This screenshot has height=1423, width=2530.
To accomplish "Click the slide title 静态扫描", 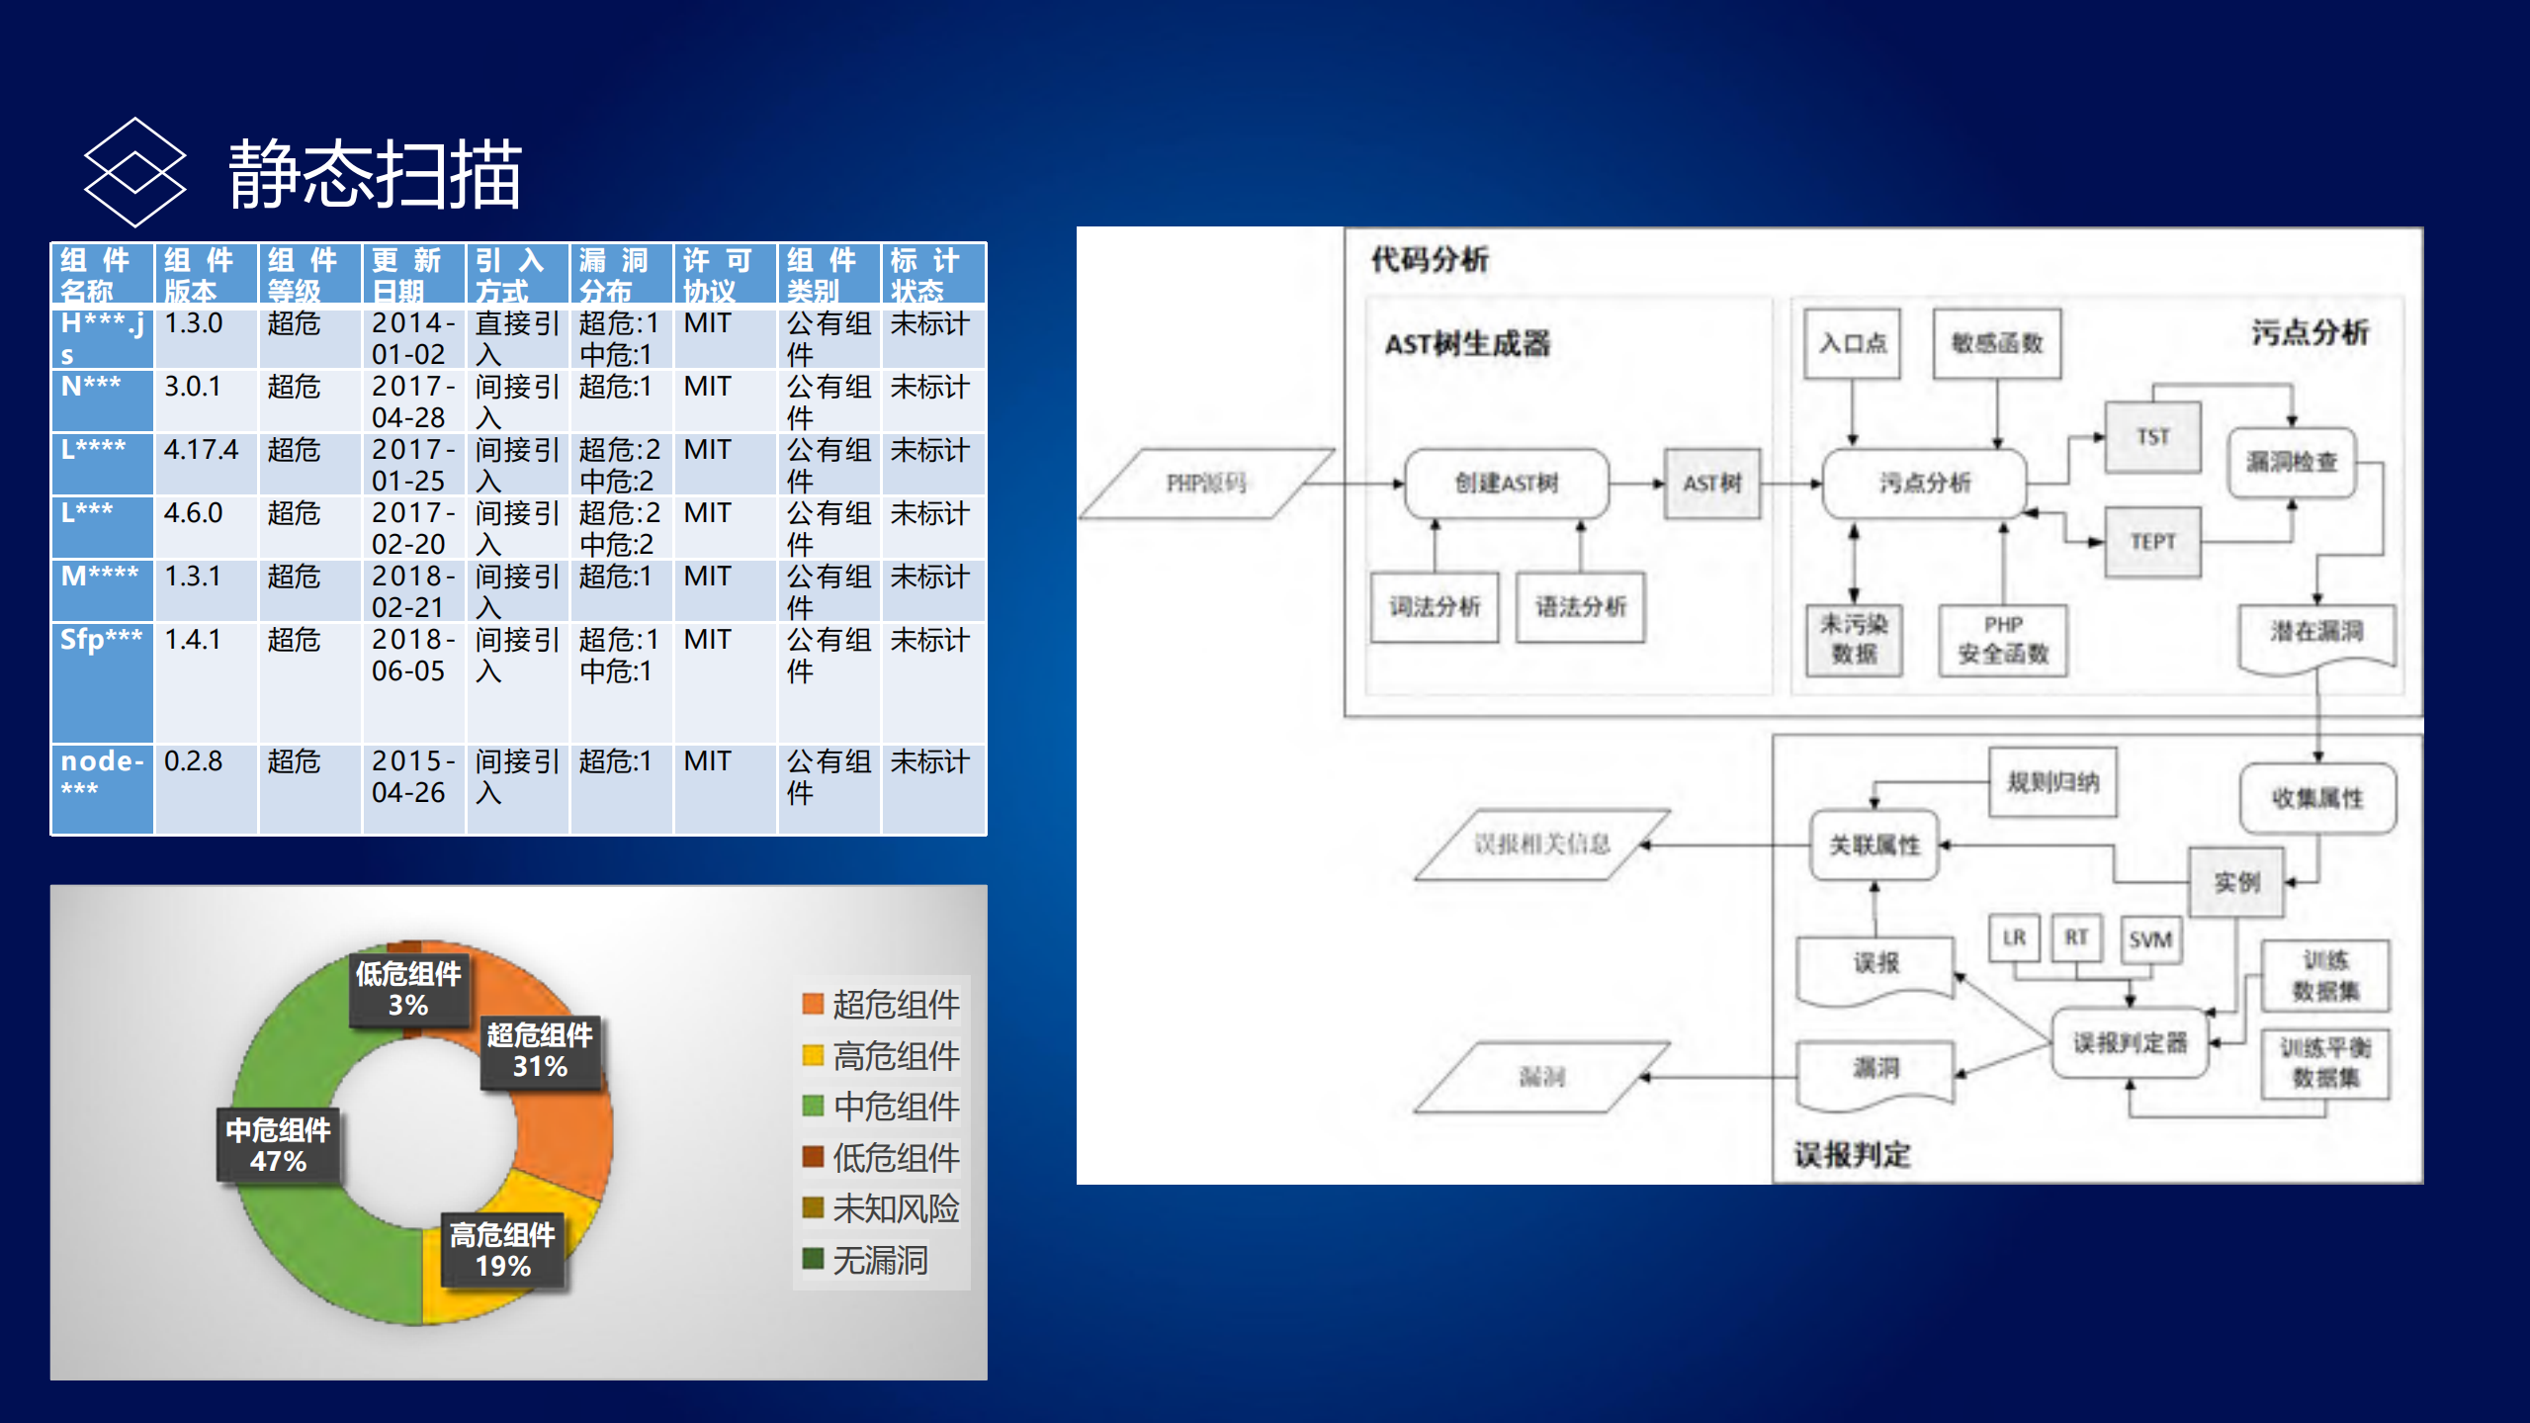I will tap(375, 175).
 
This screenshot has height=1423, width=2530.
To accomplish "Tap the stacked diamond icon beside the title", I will tap(134, 172).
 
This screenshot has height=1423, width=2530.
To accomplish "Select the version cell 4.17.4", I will tap(202, 451).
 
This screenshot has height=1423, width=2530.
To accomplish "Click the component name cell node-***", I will tap(102, 774).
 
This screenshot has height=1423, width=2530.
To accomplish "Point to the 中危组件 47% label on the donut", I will tap(279, 1145).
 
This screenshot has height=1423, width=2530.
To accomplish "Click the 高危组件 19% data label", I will tap(503, 1250).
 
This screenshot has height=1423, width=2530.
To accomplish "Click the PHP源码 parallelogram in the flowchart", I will tap(1205, 484).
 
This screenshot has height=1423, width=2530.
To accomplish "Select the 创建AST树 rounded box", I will tap(1506, 484).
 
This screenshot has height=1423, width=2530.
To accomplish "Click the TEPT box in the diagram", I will tap(2152, 542).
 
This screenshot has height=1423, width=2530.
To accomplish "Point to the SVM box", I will tap(2149, 939).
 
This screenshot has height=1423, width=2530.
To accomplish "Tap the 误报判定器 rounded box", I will tap(2130, 1042).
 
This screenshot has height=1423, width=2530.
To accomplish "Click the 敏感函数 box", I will tap(1996, 343).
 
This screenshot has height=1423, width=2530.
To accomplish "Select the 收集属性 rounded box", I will tap(2316, 798).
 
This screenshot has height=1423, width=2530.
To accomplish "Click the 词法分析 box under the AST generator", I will tap(1434, 607).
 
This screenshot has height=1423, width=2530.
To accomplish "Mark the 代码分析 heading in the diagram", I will tap(1429, 260).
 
